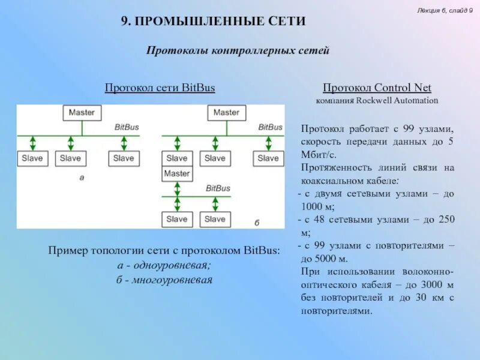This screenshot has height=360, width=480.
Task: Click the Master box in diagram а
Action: [x=81, y=112]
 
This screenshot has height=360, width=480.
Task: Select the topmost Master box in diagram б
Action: [x=226, y=112]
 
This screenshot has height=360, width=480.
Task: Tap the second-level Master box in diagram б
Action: [x=177, y=173]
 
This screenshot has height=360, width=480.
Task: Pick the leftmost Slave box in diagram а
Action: [x=32, y=158]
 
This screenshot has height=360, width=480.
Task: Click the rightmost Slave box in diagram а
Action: [x=124, y=158]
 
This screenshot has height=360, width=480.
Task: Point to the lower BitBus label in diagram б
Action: [x=218, y=188]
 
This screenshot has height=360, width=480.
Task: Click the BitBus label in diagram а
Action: [x=127, y=127]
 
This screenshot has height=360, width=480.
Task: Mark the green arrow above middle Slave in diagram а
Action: [x=71, y=143]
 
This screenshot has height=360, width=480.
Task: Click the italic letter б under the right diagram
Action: [x=257, y=223]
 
